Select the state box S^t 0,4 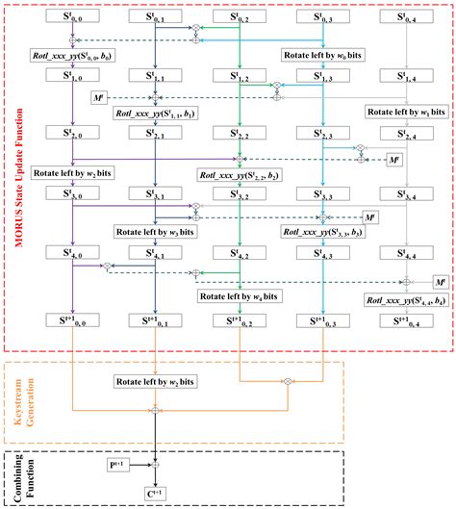pos(409,16)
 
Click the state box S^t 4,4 pos(409,255)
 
